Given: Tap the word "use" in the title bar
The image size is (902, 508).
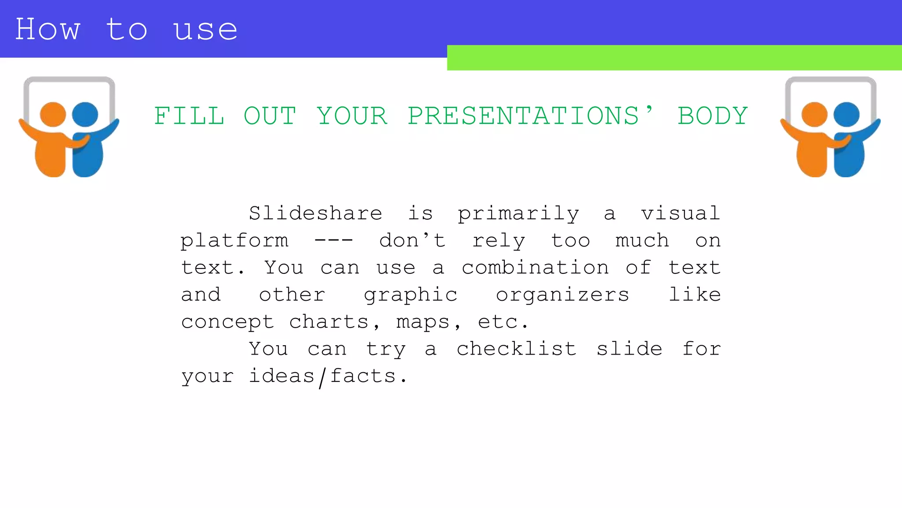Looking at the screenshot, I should (x=206, y=30).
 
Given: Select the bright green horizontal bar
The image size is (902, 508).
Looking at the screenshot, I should (x=674, y=58).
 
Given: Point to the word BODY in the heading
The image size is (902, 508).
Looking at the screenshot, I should (x=712, y=116).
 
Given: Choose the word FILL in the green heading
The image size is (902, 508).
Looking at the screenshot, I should (x=189, y=116).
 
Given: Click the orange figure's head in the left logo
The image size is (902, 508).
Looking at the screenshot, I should (x=53, y=114).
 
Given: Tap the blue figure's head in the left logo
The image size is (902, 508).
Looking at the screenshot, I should (x=85, y=114).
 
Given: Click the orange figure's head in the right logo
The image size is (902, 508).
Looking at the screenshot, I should (x=814, y=114).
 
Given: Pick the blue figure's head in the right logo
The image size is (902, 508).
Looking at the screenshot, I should (x=847, y=114).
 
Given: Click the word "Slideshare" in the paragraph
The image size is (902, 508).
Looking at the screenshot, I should (x=315, y=213).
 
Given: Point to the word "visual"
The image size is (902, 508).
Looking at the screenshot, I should (x=680, y=213).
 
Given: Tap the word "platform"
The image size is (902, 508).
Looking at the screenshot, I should (x=234, y=241).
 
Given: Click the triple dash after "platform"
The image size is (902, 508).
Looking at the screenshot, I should (x=333, y=240).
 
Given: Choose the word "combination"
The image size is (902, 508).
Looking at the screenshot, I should (x=535, y=268).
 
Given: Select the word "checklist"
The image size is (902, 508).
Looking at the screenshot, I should (x=516, y=349).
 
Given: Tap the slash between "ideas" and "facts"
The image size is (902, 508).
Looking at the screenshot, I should (x=322, y=377).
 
